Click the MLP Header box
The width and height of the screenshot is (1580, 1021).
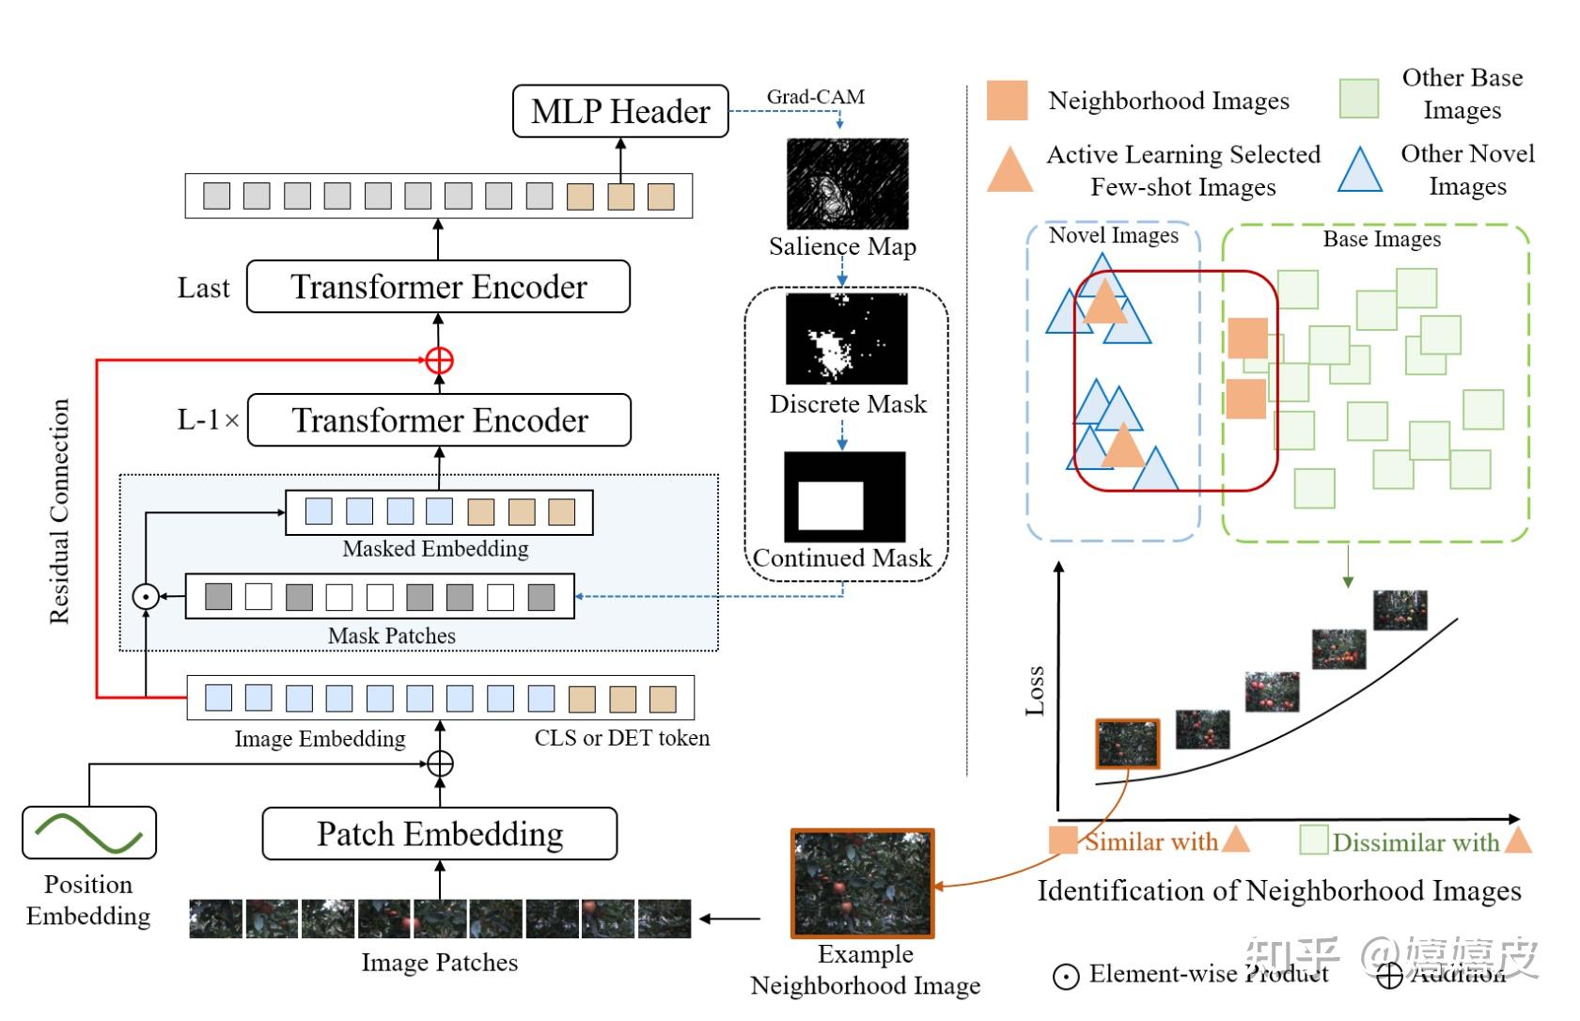(x=620, y=111)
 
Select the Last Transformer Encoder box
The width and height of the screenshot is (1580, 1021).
(x=438, y=287)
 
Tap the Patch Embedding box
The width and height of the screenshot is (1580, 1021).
(x=439, y=834)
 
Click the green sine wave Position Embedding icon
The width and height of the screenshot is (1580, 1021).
(x=88, y=833)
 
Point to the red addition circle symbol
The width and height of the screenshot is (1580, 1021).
(x=439, y=360)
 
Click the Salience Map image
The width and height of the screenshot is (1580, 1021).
(x=847, y=183)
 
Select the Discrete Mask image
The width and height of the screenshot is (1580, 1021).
(x=846, y=338)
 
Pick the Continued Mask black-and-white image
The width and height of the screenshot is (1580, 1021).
(x=844, y=496)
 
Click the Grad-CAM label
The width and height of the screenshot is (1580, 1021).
(x=815, y=97)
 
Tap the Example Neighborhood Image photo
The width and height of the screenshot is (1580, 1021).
(x=862, y=883)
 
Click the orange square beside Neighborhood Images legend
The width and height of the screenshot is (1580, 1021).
(x=1007, y=100)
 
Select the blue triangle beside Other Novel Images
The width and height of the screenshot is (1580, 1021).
(x=1359, y=170)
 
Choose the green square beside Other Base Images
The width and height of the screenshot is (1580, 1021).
(x=1358, y=98)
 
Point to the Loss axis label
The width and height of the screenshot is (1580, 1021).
(x=1035, y=691)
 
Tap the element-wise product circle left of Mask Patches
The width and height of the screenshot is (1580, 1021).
(x=145, y=596)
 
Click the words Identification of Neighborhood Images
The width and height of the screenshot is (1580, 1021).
(x=1278, y=890)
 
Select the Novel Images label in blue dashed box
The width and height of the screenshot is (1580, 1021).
(x=1113, y=235)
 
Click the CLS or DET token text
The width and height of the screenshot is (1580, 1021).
(x=621, y=738)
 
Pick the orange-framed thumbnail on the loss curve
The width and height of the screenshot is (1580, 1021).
(x=1127, y=743)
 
